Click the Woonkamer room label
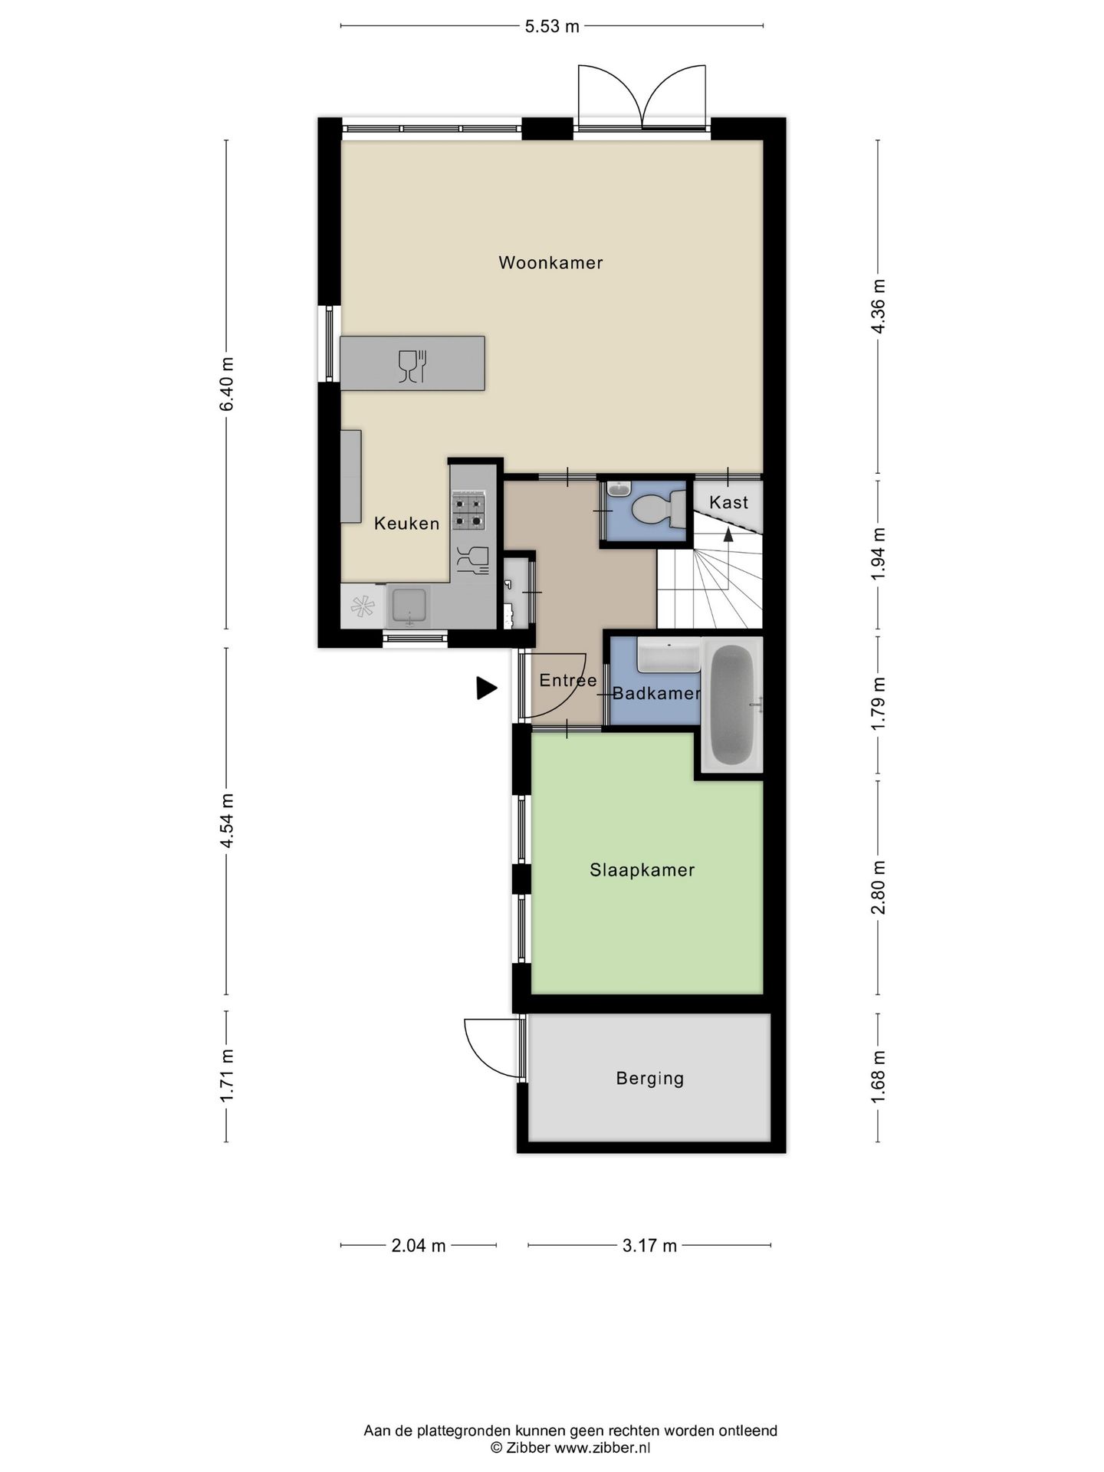click(550, 263)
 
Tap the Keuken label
click(406, 524)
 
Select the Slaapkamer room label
click(642, 870)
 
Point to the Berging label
click(649, 1079)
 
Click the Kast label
click(728, 502)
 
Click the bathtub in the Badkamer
click(732, 705)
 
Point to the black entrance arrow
click(486, 688)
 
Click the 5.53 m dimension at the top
click(551, 27)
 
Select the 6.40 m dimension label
click(227, 384)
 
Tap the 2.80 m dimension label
click(879, 887)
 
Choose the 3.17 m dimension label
click(649, 1246)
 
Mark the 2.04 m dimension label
click(418, 1246)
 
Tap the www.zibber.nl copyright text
click(570, 1448)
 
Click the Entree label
click(568, 680)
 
